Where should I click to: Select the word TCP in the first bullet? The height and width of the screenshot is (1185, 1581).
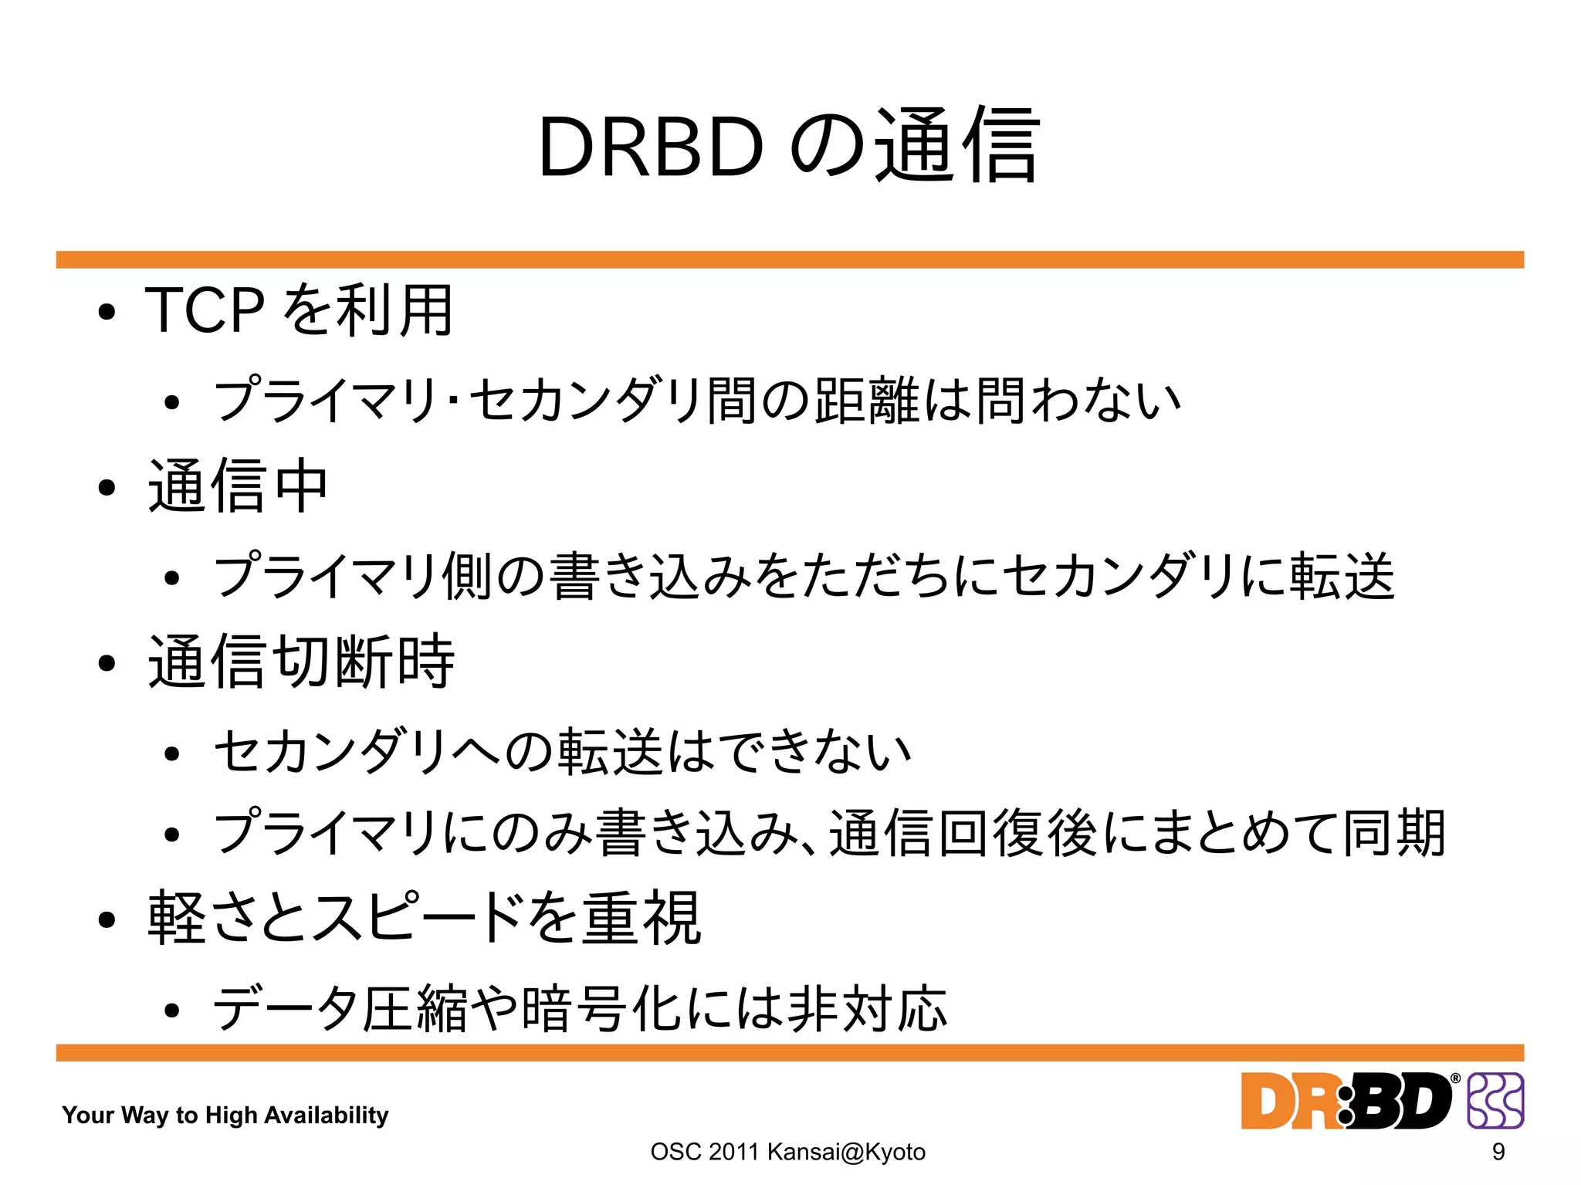(205, 310)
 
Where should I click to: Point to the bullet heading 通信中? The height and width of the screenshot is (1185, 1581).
(238, 486)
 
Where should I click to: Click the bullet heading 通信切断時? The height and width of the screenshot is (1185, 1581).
(301, 661)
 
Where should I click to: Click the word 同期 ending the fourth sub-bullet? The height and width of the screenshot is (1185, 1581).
(1394, 834)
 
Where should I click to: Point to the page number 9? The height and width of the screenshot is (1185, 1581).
(1498, 1152)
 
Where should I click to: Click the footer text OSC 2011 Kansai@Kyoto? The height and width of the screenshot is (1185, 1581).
(787, 1152)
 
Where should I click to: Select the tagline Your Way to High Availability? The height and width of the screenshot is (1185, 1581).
(225, 1115)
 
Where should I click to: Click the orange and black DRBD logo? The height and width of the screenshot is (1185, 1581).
(1348, 1101)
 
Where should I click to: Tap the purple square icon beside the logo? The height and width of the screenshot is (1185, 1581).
(1495, 1101)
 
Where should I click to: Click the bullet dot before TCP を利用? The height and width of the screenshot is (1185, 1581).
(107, 313)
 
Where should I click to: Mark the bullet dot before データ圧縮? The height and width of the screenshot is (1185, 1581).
(172, 1011)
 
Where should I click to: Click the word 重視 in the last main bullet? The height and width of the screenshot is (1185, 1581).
(642, 918)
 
